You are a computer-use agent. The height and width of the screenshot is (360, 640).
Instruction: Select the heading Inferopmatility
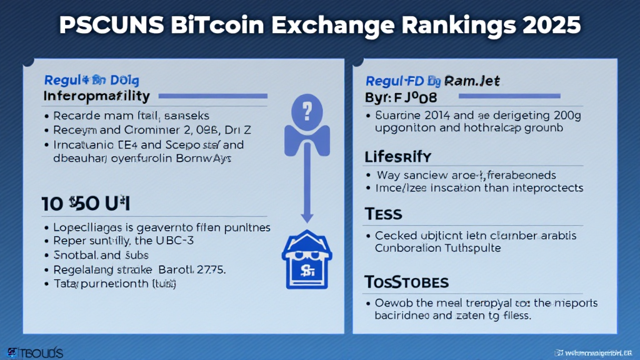[x=97, y=96]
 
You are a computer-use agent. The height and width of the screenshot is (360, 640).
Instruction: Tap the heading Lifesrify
[x=397, y=156]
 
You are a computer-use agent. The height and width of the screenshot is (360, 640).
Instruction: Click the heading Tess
[x=383, y=214]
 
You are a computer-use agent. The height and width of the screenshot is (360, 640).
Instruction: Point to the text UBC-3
[x=202, y=240]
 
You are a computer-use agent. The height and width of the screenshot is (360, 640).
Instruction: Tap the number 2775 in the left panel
[x=212, y=270]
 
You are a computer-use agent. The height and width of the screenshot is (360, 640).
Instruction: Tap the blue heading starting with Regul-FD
[x=431, y=81]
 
